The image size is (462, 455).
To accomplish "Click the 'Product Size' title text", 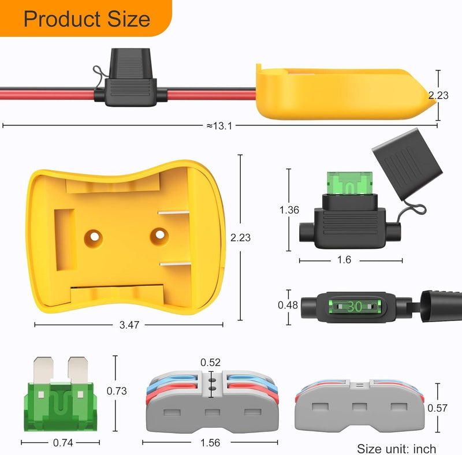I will click(87, 19).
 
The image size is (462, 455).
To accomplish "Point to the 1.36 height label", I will click(289, 210).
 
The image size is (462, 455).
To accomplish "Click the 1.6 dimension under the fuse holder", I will click(344, 260).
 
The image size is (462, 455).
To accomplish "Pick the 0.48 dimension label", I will click(289, 305).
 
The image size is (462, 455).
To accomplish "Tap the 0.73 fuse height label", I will click(117, 391).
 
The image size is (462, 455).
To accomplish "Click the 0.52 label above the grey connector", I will click(210, 363).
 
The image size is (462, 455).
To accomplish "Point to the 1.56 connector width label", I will click(210, 443).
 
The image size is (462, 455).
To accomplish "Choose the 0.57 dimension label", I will click(437, 408).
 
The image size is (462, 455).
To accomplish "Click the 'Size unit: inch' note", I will click(396, 448).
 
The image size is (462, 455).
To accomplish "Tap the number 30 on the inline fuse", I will click(355, 307).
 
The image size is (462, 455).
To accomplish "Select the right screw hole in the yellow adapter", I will click(159, 234).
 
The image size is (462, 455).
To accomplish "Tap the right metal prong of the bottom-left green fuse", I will click(76, 370).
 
